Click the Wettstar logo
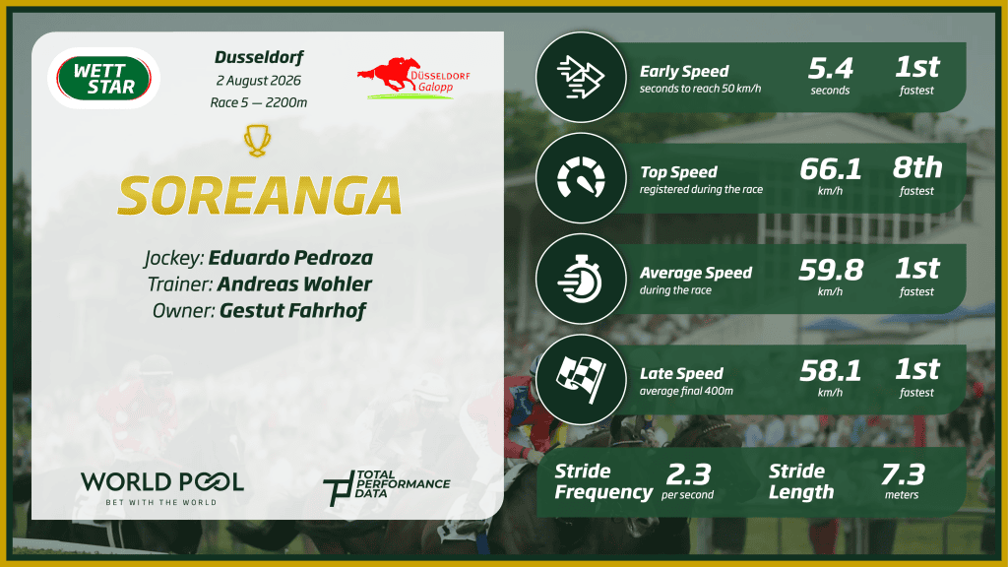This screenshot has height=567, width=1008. (103, 79)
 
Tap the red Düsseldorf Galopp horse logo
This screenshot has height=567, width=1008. (413, 79)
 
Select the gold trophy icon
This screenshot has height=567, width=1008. (257, 140)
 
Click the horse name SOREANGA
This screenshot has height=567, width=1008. (260, 196)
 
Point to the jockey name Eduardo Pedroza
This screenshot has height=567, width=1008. (290, 258)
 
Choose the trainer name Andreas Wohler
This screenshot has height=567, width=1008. (294, 284)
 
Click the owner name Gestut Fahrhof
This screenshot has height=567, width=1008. (292, 310)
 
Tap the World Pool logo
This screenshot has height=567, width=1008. (162, 488)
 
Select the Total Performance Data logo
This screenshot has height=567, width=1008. (386, 487)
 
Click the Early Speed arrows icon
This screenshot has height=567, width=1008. (581, 77)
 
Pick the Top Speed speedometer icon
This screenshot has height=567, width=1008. (581, 177)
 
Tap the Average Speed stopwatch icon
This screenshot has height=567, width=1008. (581, 279)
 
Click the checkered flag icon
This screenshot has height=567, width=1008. (581, 379)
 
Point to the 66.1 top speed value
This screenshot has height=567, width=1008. (831, 169)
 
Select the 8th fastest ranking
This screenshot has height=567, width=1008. (917, 167)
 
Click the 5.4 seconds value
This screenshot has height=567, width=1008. (831, 68)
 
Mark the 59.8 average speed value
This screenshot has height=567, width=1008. (831, 270)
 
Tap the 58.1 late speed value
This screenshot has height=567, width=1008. (831, 371)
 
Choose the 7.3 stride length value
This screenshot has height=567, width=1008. (903, 474)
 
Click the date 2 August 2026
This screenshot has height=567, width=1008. (259, 81)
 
